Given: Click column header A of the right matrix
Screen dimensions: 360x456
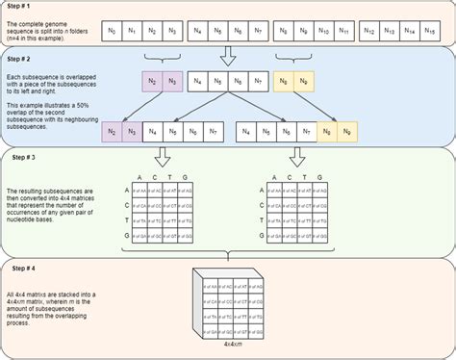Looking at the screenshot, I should click(x=274, y=175).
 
